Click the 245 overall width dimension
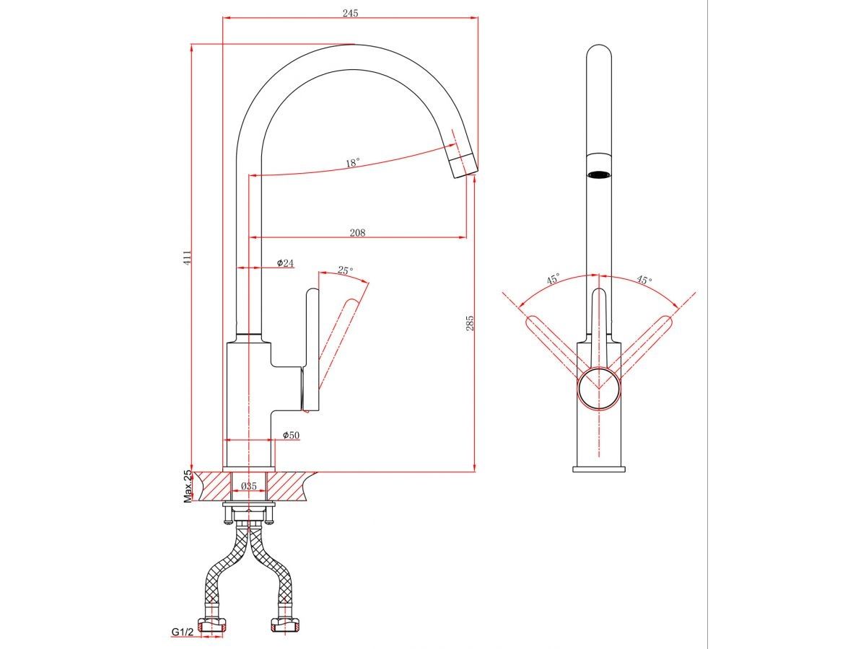tap(350, 14)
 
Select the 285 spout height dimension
tap(470, 322)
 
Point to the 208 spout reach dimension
tap(357, 232)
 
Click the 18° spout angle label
tap(353, 163)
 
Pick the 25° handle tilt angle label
tap(345, 270)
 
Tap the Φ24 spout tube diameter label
tap(285, 262)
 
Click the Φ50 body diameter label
tap(291, 435)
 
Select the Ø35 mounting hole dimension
tap(248, 486)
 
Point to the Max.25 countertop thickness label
tap(188, 486)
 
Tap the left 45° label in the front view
tap(553, 279)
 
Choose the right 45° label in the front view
tap(644, 279)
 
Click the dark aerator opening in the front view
tap(599, 175)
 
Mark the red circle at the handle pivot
tap(599, 389)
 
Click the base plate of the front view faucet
tap(599, 469)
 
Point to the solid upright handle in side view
tap(312, 350)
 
